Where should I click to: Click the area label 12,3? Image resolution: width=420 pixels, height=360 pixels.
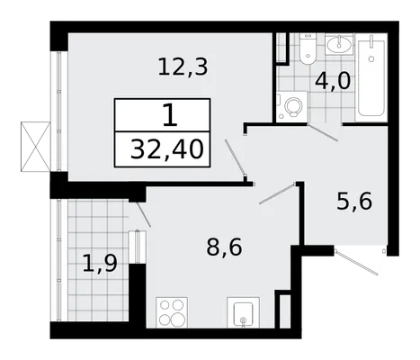pos(183,67)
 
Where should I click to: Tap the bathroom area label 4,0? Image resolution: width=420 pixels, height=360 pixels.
pos(333,81)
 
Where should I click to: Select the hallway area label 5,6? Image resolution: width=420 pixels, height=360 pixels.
pos(354,202)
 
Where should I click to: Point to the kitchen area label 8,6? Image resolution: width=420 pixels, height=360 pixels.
pos(224,247)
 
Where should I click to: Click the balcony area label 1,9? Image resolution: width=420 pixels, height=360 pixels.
pos(100,264)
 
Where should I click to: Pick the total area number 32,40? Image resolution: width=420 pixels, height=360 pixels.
pos(167,149)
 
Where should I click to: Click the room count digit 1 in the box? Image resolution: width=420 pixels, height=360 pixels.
pos(170,115)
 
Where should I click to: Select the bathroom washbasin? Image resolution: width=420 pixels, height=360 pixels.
pos(339,45)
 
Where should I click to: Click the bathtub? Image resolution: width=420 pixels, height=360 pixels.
pos(371,78)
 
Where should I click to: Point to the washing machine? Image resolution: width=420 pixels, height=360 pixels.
pos(292,106)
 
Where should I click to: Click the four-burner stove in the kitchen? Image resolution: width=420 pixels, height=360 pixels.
pos(172,312)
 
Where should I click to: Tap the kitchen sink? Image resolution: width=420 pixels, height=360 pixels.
pos(243,312)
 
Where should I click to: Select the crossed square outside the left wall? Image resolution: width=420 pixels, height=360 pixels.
pos(35,147)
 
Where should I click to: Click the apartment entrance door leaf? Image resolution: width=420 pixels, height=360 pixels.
pos(357,262)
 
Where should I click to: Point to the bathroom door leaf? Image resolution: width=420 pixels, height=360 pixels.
pos(323,132)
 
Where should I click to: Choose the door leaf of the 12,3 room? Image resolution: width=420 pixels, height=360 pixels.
pos(236,157)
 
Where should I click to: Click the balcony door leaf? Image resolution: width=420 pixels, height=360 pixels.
pos(143,214)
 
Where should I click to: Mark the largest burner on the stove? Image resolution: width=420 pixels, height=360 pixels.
pos(177,318)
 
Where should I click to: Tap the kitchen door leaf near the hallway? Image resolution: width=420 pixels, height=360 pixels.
pos(278,193)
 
